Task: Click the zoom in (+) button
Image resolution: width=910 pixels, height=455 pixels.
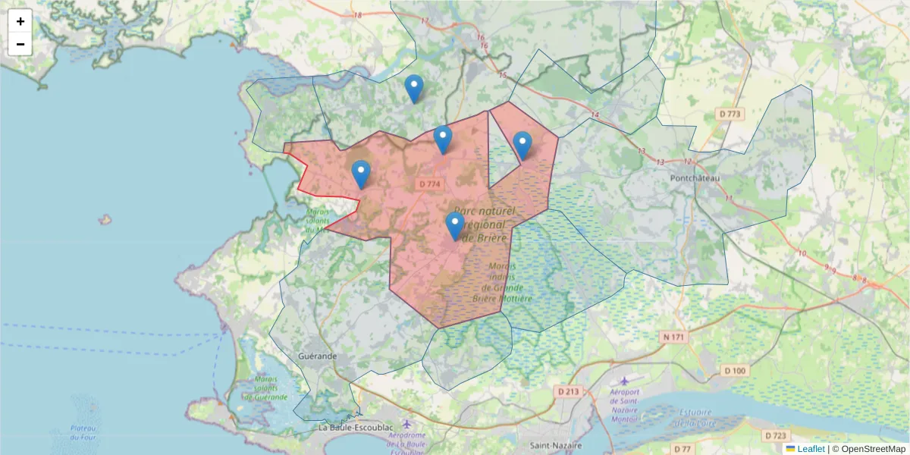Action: pos(20,21)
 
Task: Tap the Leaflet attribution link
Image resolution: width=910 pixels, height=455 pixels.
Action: pos(810,449)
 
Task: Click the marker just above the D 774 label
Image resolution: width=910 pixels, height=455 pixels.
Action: pos(443,140)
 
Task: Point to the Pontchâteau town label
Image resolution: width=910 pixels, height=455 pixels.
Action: pos(695,177)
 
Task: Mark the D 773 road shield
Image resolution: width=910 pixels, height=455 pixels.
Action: pos(729,114)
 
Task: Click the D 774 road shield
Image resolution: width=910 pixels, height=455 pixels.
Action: pos(429,184)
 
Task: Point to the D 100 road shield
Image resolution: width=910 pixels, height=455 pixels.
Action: pos(735,371)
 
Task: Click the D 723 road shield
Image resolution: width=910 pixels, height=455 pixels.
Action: pos(776,435)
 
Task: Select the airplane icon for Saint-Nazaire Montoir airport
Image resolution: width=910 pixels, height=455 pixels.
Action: pos(623,381)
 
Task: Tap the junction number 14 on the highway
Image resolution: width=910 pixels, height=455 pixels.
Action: pos(595,115)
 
